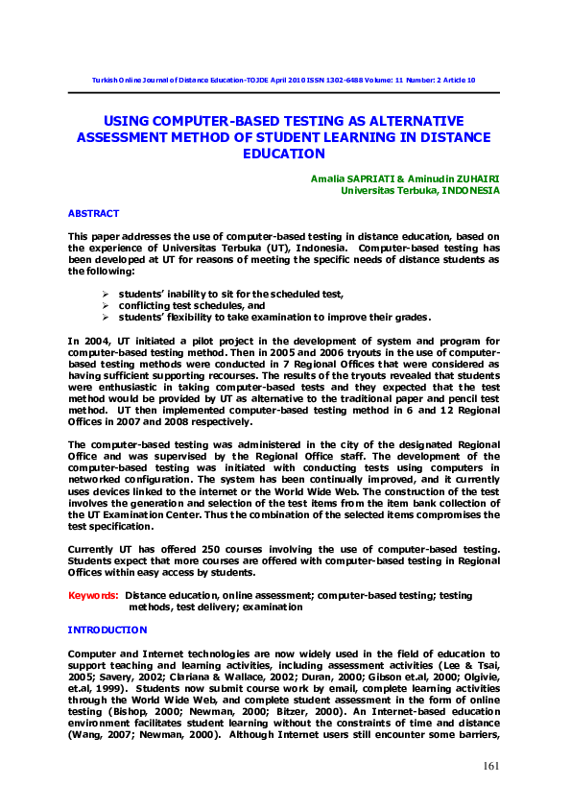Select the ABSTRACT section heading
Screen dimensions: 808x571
tap(93, 213)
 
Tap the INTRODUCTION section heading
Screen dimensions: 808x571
tap(107, 630)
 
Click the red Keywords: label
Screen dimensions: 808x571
tap(93, 596)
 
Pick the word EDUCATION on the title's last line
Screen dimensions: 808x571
tap(284, 153)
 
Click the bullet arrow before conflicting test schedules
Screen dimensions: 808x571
tap(107, 305)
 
